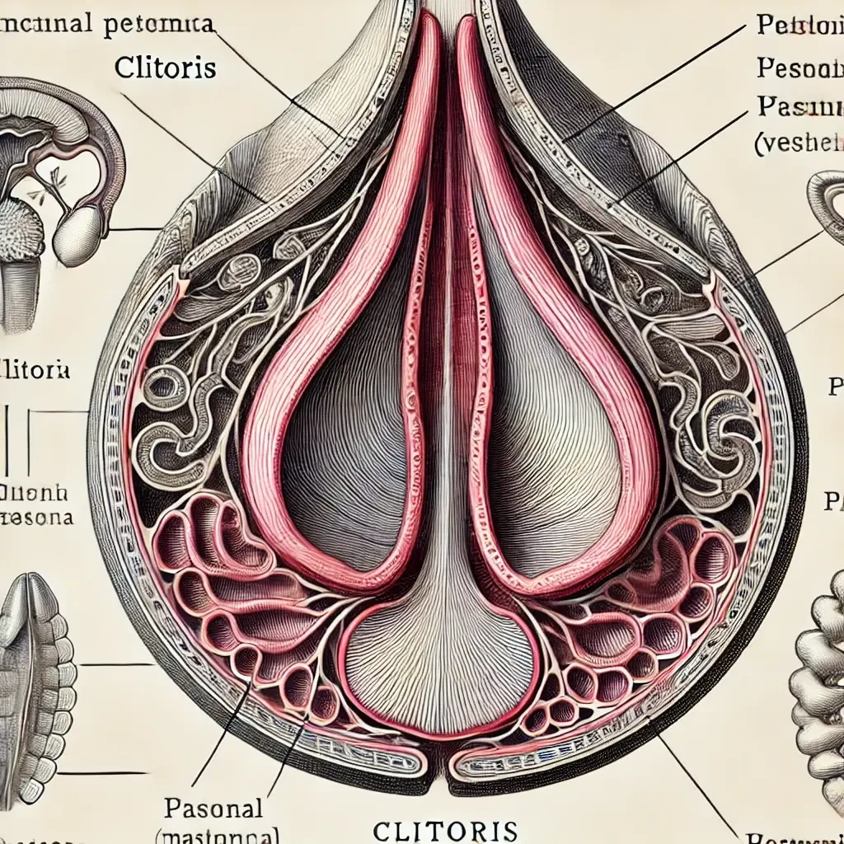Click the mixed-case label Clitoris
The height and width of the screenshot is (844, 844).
[x=166, y=67]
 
